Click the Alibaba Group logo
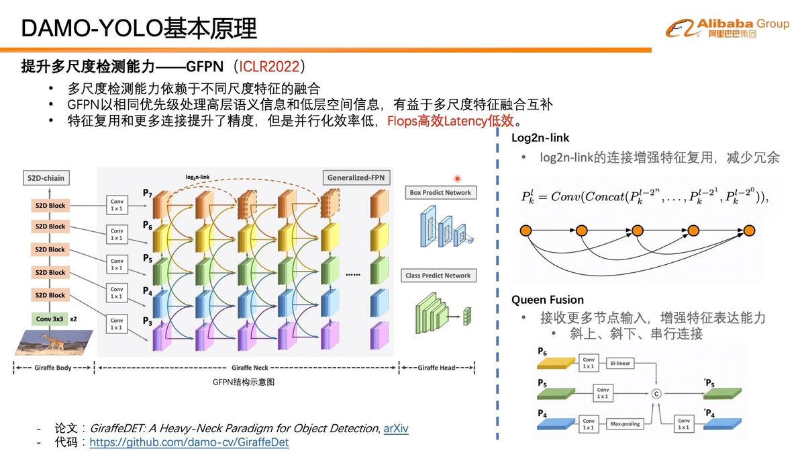pos(727,28)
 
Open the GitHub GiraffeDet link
pos(189,442)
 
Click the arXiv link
pos(396,428)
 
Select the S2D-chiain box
pos(47,178)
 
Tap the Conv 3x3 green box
pos(50,319)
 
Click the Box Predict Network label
pos(440,192)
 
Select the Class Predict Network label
pos(438,276)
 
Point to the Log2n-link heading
pos(540,138)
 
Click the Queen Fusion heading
pos(548,300)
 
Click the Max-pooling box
pos(624,424)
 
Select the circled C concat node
pos(656,393)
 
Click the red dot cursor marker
pos(457,179)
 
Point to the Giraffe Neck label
pos(250,368)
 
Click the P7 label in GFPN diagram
pos(148,194)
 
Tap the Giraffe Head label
pos(438,368)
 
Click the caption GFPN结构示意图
pos(244,382)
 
